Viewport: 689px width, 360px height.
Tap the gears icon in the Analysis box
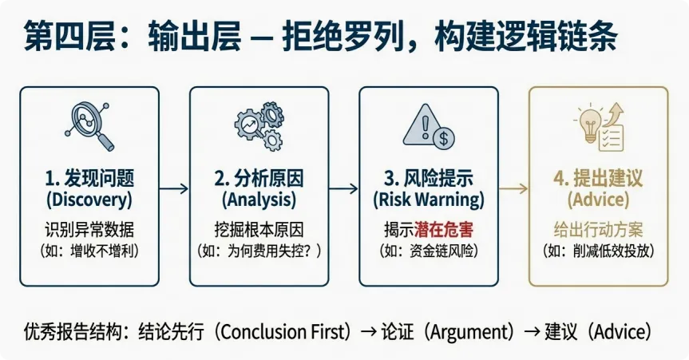[x=259, y=127]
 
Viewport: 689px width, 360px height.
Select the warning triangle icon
[x=428, y=128]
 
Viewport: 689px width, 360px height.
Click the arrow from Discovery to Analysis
[x=173, y=188]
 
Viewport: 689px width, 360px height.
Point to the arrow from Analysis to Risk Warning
[x=343, y=188]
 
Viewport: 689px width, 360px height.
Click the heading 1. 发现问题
[x=89, y=177]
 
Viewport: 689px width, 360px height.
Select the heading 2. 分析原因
[x=259, y=177]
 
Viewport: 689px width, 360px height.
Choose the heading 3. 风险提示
[x=428, y=177]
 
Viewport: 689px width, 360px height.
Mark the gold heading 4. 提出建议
[x=598, y=177]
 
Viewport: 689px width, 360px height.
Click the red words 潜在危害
[x=444, y=230]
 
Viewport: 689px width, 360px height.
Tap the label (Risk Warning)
[x=428, y=199]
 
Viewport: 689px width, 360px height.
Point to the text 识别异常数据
[x=89, y=230]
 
